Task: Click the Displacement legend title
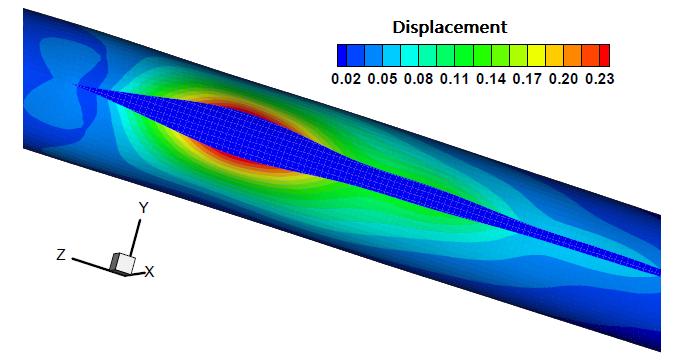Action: coord(450,27)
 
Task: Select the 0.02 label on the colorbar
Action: coord(346,79)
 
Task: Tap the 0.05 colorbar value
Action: coord(382,79)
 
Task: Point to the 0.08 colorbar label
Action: coord(418,79)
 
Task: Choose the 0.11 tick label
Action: coord(455,79)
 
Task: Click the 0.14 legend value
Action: coord(491,79)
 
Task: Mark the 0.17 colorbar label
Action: coord(527,79)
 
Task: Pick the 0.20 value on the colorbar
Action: coord(563,79)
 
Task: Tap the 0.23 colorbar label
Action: coord(600,79)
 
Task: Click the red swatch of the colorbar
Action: coord(604,55)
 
